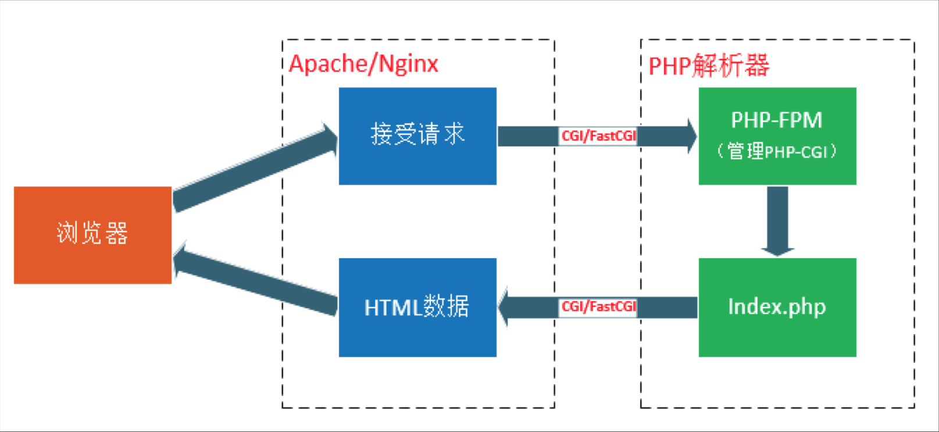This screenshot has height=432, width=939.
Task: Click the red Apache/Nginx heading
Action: (x=363, y=64)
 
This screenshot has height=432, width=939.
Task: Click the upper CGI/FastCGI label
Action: (x=598, y=136)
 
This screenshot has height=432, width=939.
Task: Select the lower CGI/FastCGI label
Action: (x=598, y=306)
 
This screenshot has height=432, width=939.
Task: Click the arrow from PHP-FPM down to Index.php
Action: (x=777, y=218)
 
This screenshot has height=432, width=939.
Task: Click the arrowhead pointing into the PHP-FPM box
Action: (x=691, y=136)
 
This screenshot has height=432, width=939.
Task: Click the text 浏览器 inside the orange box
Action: (x=92, y=233)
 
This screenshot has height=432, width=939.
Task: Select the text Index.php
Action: (x=777, y=306)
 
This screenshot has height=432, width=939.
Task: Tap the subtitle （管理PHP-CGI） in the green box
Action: (x=777, y=152)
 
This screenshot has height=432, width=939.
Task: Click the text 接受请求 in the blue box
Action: (x=417, y=134)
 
